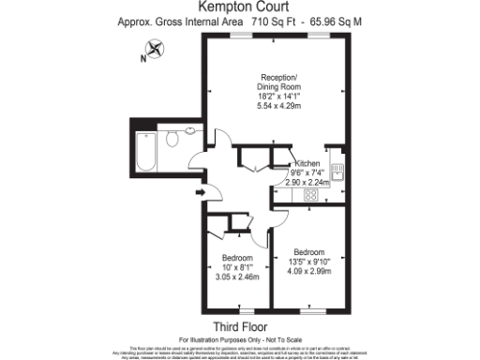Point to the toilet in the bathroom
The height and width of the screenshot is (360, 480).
[x=172, y=141]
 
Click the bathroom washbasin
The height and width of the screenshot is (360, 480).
[x=190, y=132]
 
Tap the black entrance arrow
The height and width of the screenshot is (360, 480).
[x=200, y=193]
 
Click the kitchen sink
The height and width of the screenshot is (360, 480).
[x=341, y=170]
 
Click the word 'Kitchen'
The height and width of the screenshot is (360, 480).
[x=308, y=163]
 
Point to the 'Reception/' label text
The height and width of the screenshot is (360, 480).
[x=279, y=77]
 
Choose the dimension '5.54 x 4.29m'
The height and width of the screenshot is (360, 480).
[x=279, y=107]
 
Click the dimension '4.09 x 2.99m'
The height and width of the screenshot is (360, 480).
[x=308, y=272]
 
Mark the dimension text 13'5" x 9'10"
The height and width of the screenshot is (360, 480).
[x=308, y=262]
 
